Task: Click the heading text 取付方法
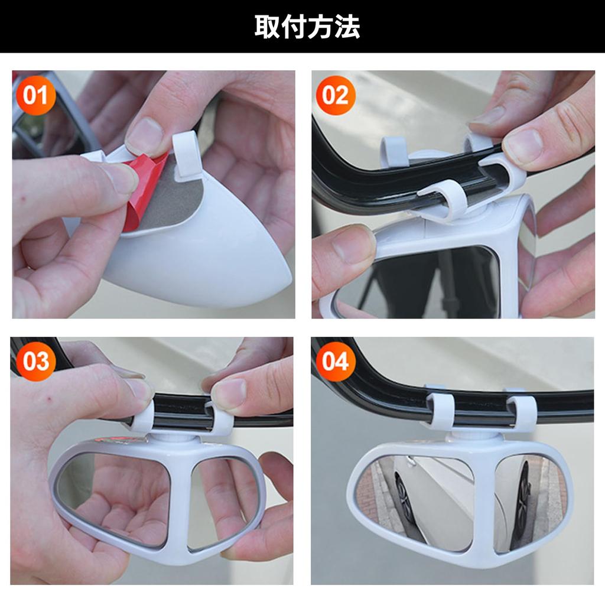coord(307,27)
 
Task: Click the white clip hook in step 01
coord(187,155)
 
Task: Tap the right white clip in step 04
coord(522,412)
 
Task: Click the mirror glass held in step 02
coord(425,281)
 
